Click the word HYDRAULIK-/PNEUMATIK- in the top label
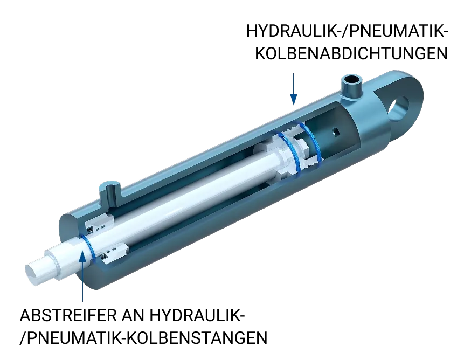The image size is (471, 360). [x=347, y=31]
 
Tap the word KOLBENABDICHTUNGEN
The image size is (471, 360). [x=351, y=53]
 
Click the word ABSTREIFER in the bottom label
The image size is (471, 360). [x=68, y=315]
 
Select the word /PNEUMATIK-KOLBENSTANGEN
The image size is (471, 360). [x=143, y=338]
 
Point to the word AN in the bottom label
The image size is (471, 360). [x=133, y=315]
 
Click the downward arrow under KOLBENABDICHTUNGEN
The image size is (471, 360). [x=294, y=89]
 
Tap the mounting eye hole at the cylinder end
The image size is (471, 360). [x=399, y=108]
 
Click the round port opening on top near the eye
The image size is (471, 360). [x=352, y=80]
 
